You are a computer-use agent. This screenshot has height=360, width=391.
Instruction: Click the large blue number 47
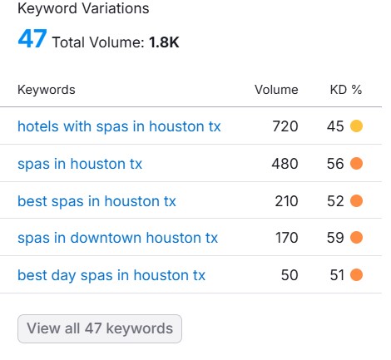pos(32,40)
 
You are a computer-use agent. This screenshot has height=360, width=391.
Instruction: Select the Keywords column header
pos(46,90)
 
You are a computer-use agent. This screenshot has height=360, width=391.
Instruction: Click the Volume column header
pos(276,90)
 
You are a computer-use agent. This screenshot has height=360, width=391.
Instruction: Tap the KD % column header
pos(346,90)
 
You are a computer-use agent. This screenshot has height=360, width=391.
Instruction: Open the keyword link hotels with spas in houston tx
pos(119,126)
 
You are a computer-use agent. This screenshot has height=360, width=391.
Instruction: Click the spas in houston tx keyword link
pos(80,164)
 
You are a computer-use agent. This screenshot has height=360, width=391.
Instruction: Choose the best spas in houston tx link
pos(97,201)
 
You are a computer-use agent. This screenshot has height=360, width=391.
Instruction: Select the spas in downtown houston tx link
pos(117,238)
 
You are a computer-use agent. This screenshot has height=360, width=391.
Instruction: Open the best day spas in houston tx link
pos(111,275)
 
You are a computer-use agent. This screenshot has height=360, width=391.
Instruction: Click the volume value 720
pos(285,126)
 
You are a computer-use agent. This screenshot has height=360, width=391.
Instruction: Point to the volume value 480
pos(285,164)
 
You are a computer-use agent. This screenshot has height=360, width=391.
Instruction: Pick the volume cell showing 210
pos(285,201)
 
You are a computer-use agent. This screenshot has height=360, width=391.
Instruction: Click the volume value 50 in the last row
pos(290,275)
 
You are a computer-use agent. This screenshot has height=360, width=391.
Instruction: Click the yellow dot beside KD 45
pos(357,126)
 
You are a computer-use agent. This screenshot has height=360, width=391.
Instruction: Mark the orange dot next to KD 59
pos(357,238)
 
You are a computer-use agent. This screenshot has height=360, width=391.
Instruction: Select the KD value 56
pos(335,164)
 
